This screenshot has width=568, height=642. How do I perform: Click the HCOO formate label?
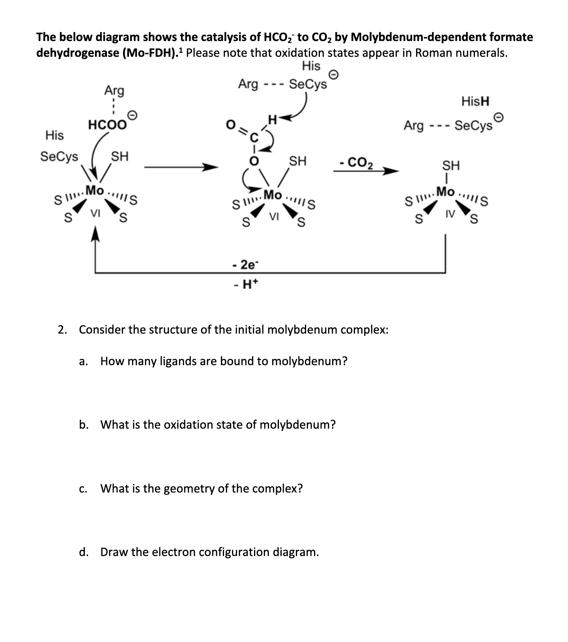click(107, 125)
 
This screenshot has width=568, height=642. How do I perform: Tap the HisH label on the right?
click(475, 101)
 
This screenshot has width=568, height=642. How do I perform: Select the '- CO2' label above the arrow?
click(356, 162)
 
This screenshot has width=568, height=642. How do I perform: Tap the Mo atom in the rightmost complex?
click(446, 192)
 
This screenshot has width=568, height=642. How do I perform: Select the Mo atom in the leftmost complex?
click(95, 190)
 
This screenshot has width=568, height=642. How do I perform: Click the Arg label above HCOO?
click(114, 91)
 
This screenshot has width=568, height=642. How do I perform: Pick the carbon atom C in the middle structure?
click(254, 138)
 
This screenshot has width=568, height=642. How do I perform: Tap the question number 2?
click(62, 329)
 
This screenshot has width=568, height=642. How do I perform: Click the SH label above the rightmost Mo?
click(451, 165)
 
